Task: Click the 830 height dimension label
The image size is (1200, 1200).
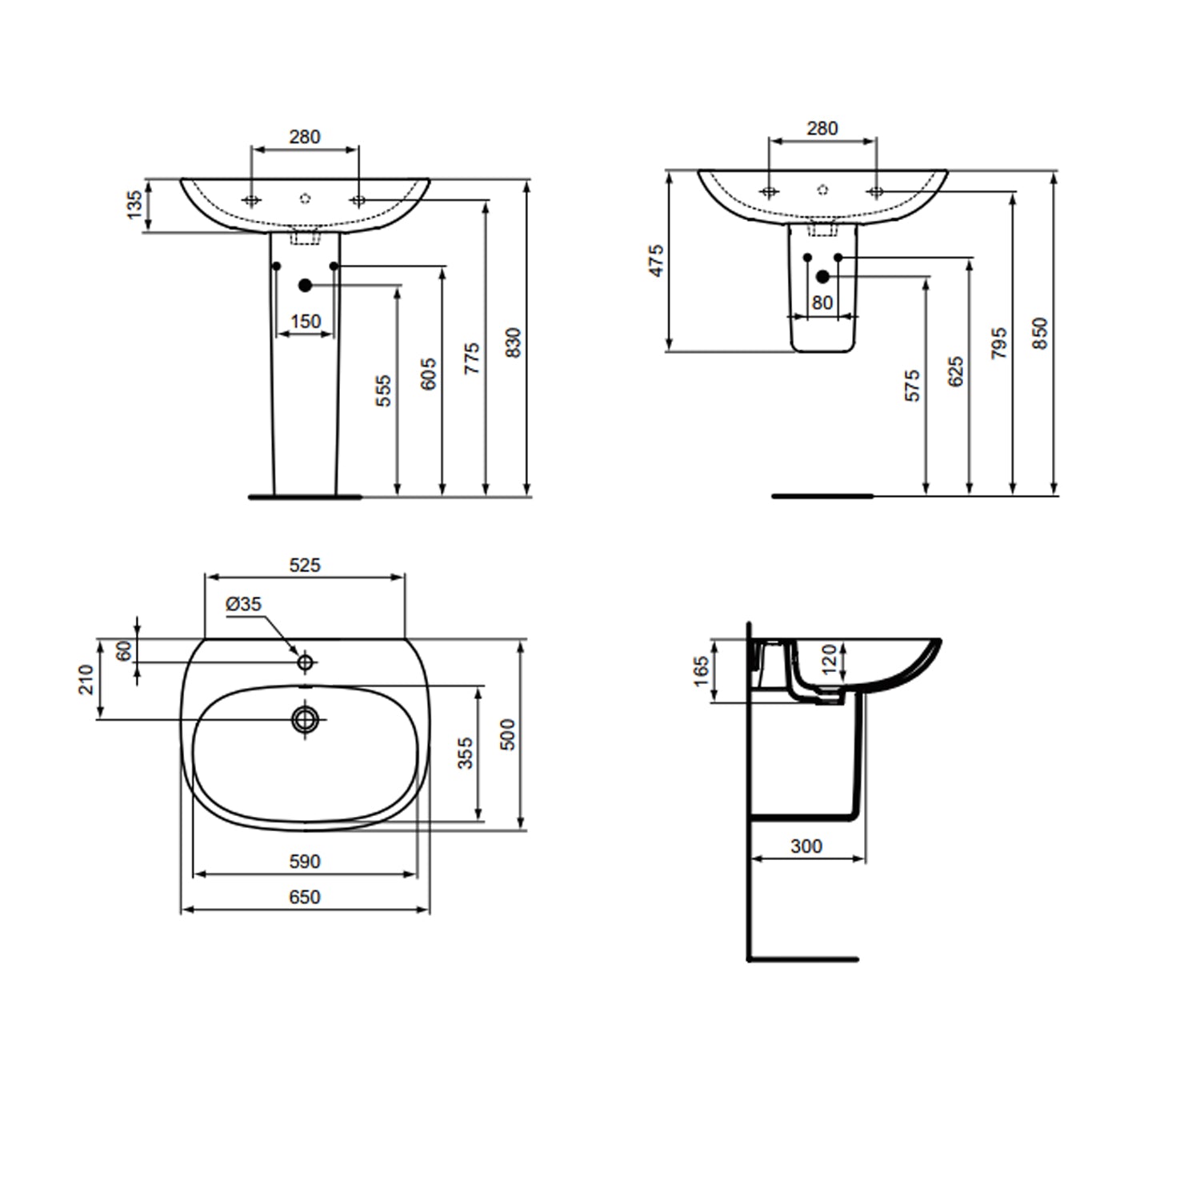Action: point(514,342)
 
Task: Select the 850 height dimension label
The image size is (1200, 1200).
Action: point(1039,333)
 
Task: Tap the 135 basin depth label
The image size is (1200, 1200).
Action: point(135,204)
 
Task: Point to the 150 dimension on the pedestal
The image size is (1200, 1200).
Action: point(305,322)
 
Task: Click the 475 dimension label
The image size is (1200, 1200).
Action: point(656,261)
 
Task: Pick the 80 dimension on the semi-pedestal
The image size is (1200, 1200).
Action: point(822,303)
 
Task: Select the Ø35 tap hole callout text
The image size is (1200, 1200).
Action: point(243,604)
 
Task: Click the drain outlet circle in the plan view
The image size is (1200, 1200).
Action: point(305,718)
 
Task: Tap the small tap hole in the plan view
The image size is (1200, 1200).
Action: point(305,662)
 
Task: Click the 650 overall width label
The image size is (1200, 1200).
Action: point(304,898)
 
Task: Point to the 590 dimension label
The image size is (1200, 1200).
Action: point(304,862)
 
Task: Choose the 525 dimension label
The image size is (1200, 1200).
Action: point(304,565)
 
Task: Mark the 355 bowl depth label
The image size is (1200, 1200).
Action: point(466,753)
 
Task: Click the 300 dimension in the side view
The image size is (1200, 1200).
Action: point(806,846)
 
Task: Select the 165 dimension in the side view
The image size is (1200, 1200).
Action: point(702,670)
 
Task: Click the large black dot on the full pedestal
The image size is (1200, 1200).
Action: point(305,285)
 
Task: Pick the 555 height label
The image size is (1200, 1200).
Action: point(384,390)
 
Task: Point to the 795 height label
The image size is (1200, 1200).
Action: point(998,342)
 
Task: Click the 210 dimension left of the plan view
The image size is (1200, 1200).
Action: point(86,679)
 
